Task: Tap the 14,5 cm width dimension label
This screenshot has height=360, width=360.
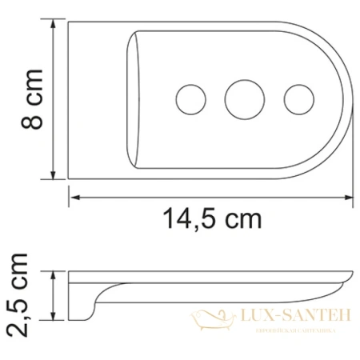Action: (x=211, y=217)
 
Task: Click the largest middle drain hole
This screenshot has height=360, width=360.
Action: (x=241, y=98)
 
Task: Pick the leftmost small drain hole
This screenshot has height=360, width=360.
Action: (x=189, y=99)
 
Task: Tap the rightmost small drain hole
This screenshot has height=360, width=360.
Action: (x=298, y=99)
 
